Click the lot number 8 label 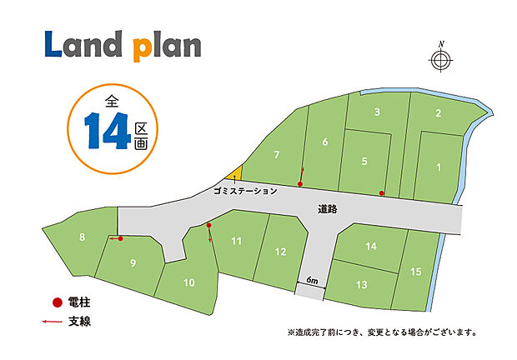click(x=82, y=237)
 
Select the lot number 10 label click(x=188, y=282)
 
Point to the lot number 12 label click(x=280, y=252)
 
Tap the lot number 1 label click(x=439, y=167)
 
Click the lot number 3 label click(x=378, y=112)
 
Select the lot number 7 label click(x=276, y=154)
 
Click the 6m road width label click(x=311, y=281)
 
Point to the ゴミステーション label click(x=245, y=191)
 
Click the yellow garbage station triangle click(x=235, y=173)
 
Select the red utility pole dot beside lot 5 click(x=382, y=193)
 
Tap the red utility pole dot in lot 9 click(x=121, y=239)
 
